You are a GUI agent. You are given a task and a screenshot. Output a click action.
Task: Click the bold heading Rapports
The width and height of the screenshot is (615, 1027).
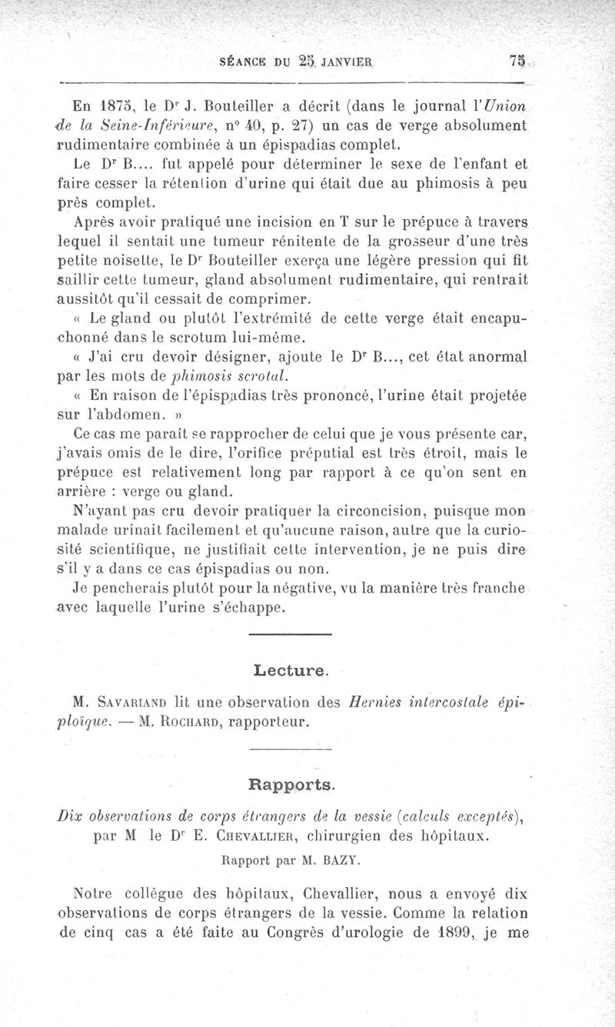[292, 785]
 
